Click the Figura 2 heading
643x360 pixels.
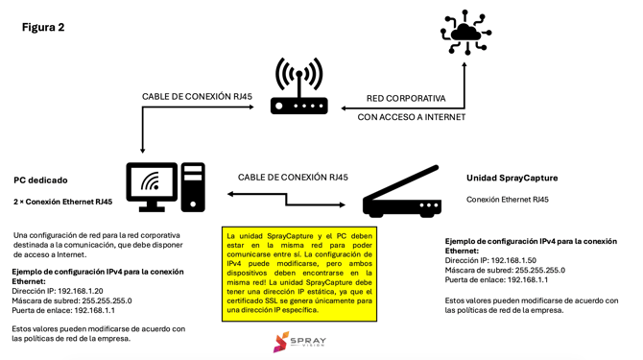pyautogui.click(x=43, y=27)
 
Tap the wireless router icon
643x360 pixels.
pyautogui.click(x=298, y=87)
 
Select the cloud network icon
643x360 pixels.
pyautogui.click(x=466, y=32)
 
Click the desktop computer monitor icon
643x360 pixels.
pyautogui.click(x=152, y=186)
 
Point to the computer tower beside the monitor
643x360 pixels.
pyautogui.click(x=194, y=186)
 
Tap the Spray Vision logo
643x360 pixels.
pyautogui.click(x=298, y=342)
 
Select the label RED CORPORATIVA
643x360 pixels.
pyautogui.click(x=406, y=98)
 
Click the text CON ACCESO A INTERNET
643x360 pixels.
pyautogui.click(x=411, y=117)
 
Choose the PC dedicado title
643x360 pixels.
pyautogui.click(x=40, y=180)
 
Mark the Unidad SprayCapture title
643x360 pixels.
pyautogui.click(x=512, y=178)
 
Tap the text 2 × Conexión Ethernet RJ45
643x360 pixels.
pyautogui.click(x=62, y=202)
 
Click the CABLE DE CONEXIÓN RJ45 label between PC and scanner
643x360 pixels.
pyautogui.click(x=293, y=177)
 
